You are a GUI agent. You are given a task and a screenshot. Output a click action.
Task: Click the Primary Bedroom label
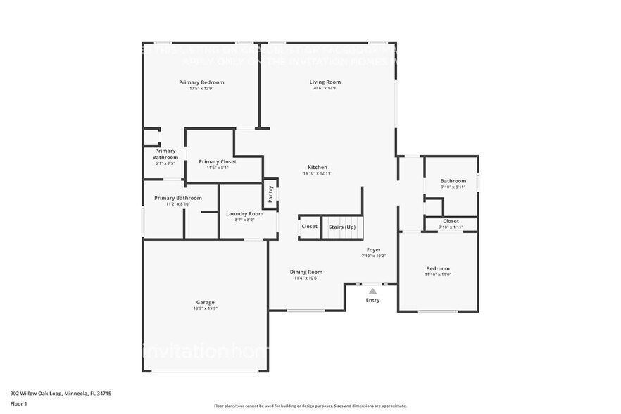pyautogui.click(x=201, y=82)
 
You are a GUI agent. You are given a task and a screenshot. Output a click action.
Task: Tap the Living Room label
pyautogui.click(x=325, y=82)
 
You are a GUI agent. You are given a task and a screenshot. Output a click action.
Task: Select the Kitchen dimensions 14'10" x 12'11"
pyautogui.click(x=317, y=173)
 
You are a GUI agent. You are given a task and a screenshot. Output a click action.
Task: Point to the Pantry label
pyautogui.click(x=270, y=193)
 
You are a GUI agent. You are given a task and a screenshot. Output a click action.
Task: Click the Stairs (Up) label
pyautogui.click(x=342, y=227)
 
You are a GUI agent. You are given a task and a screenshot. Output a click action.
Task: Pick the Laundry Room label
pyautogui.click(x=244, y=214)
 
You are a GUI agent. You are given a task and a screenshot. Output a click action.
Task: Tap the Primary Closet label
pyautogui.click(x=217, y=161)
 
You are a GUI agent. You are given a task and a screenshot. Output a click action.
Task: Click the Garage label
pyautogui.click(x=206, y=302)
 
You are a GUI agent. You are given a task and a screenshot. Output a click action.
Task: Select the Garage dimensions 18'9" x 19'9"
pyautogui.click(x=206, y=308)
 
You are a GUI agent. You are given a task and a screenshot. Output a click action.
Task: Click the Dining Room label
pyautogui.click(x=306, y=272)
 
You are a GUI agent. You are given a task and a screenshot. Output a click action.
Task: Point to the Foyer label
pyautogui.click(x=373, y=250)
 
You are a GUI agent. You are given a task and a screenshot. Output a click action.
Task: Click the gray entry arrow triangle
pyautogui.click(x=372, y=291)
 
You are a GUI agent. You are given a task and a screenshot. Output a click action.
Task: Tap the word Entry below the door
pyautogui.click(x=372, y=301)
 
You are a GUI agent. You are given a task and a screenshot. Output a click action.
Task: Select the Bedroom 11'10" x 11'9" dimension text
pyautogui.click(x=438, y=275)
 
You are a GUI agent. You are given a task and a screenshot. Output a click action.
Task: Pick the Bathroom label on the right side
pyautogui.click(x=453, y=181)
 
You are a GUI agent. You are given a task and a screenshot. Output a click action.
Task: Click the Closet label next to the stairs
pyautogui.click(x=310, y=227)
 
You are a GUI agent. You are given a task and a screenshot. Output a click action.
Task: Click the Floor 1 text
pyautogui.click(x=19, y=403)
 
